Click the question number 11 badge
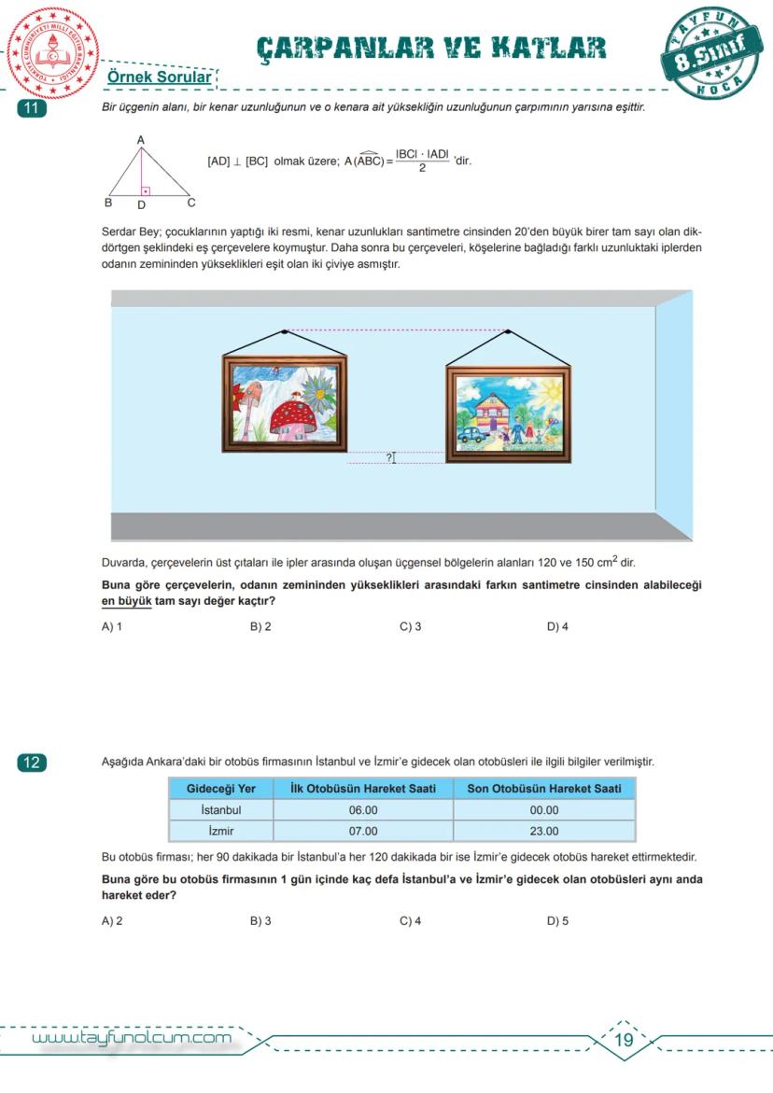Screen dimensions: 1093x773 point(32,108)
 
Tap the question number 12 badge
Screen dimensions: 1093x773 point(32,763)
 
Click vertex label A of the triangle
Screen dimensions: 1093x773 point(140,140)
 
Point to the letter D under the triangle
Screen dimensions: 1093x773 point(141,203)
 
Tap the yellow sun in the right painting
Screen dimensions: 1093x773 point(552,386)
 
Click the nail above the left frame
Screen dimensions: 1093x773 point(285,331)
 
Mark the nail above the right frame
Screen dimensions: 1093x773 point(509,331)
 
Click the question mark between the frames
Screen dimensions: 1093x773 point(389,457)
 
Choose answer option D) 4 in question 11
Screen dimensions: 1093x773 point(557,626)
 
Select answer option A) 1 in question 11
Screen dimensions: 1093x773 point(112,626)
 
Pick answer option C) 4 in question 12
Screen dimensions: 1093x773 point(410,921)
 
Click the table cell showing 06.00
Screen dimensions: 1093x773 point(363,810)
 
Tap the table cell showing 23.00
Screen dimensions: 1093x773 point(543,831)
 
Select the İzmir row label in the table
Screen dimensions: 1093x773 point(221,831)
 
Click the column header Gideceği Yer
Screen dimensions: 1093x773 point(221,789)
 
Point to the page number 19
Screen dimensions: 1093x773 point(625,1040)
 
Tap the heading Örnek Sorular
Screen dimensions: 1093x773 point(159,77)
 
